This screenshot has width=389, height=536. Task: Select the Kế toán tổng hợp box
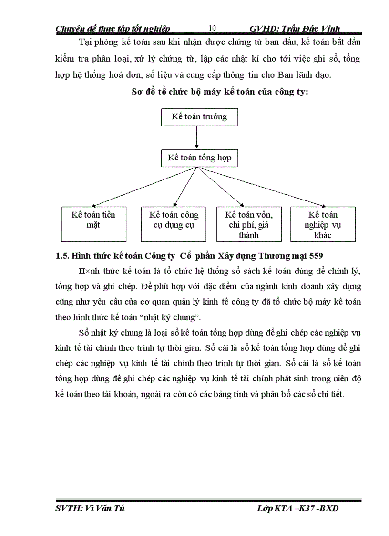point(199,158)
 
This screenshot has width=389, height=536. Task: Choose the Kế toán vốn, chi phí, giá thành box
point(249,224)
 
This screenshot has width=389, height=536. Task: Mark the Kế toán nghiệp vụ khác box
point(322,224)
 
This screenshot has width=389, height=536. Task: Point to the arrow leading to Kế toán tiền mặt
point(138,186)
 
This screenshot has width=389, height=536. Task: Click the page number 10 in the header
point(213,28)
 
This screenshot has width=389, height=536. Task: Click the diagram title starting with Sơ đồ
point(220,92)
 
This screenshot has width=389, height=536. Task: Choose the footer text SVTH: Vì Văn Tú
point(90,508)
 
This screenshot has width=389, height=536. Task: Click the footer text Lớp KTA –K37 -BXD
point(297,508)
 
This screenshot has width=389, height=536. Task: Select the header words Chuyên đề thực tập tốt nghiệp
point(113,29)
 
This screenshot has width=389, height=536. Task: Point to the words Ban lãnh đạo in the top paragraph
point(311,74)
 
